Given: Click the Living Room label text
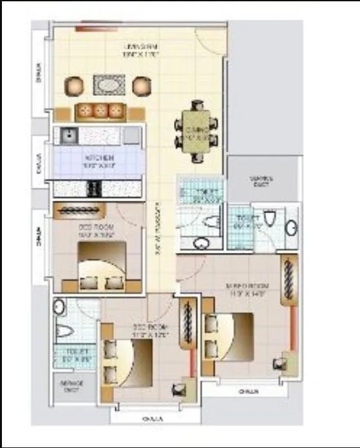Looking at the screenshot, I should click(141, 51).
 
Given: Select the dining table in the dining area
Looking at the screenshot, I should click(195, 130).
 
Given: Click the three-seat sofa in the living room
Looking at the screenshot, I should click(100, 111).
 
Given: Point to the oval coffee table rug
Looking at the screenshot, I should click(109, 85).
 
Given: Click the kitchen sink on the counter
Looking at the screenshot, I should click(67, 135).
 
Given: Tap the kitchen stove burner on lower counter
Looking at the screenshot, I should click(94, 188).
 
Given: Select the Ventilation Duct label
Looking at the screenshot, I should click(263, 183).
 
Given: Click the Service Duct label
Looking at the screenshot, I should click(70, 386).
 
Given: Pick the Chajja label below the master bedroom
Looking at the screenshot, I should click(243, 390).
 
